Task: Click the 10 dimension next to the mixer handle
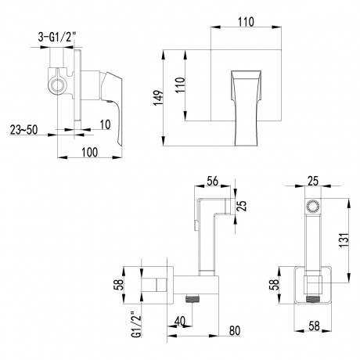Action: click(104, 124)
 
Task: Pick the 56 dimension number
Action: click(212, 179)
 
